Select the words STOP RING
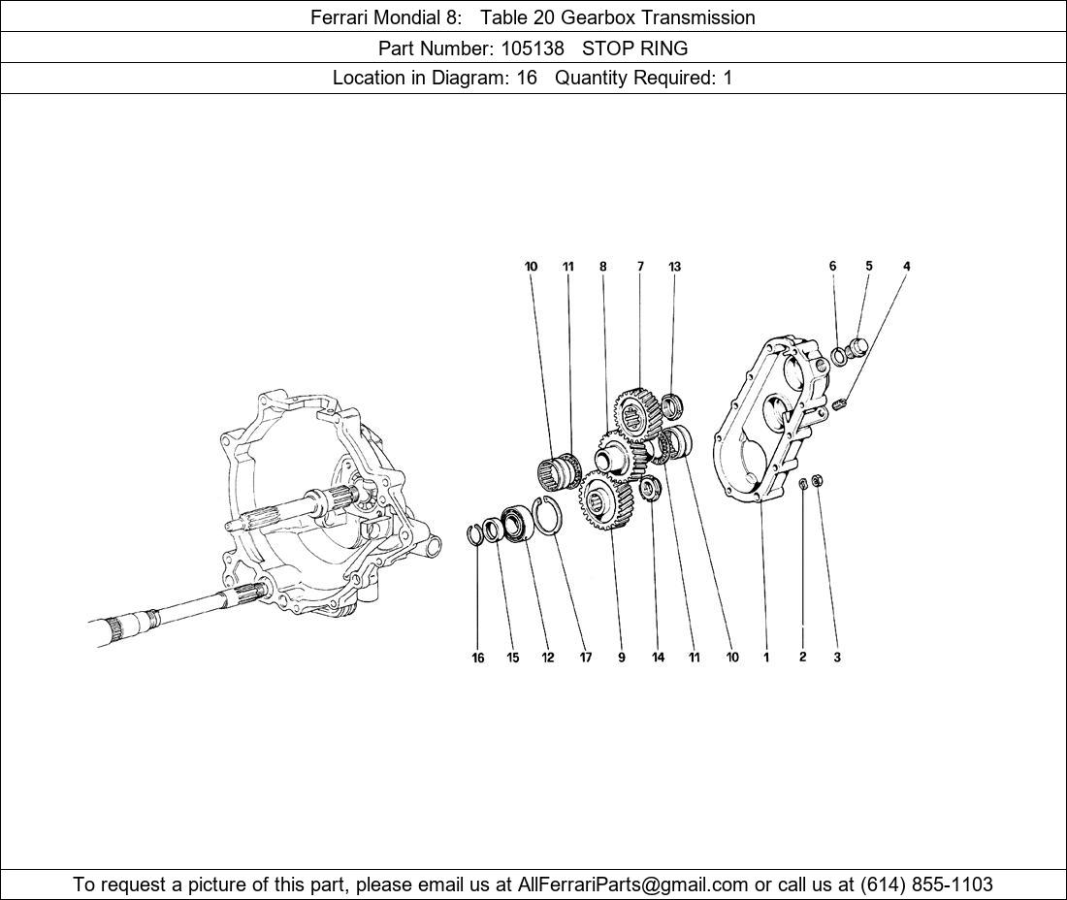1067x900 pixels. point(634,48)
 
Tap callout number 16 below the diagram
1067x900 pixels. point(478,658)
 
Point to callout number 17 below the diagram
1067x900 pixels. point(586,658)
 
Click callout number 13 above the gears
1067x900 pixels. point(674,267)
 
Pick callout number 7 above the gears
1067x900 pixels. point(640,267)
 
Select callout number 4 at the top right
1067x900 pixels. point(906,266)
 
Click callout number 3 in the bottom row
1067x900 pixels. point(837,657)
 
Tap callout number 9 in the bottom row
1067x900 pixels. point(621,658)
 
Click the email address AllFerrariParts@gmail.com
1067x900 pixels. point(633,884)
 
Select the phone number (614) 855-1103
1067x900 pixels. point(926,884)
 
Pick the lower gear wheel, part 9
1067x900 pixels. point(606,500)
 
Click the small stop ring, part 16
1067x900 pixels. point(475,534)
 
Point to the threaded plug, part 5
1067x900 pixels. point(857,346)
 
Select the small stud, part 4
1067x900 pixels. point(840,402)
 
